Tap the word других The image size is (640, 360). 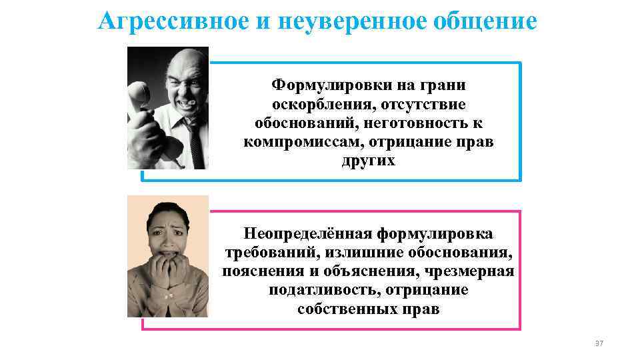coord(368,161)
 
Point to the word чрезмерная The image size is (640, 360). coord(475,272)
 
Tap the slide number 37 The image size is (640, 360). coord(598,343)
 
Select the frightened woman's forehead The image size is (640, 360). coord(166,217)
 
